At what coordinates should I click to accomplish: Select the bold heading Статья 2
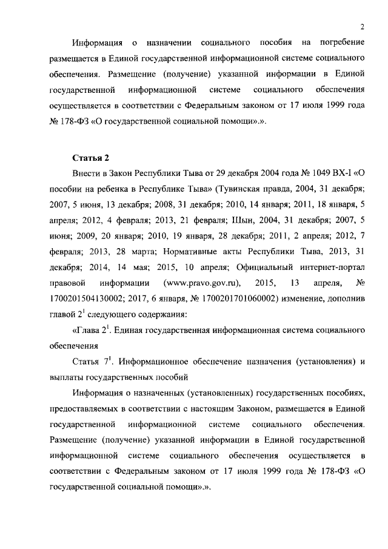tap(90, 158)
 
